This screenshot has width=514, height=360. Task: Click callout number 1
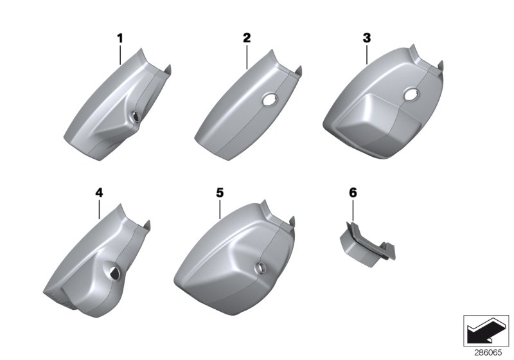tap(120, 39)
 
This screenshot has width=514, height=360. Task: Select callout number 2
tap(247, 38)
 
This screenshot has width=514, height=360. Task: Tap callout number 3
tap(367, 38)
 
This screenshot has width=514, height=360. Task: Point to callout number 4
tap(99, 192)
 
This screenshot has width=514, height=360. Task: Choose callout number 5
tap(220, 192)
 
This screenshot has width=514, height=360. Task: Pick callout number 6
tap(353, 192)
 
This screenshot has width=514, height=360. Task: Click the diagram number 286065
tap(488, 353)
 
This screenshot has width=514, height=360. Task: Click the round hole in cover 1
tap(135, 116)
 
